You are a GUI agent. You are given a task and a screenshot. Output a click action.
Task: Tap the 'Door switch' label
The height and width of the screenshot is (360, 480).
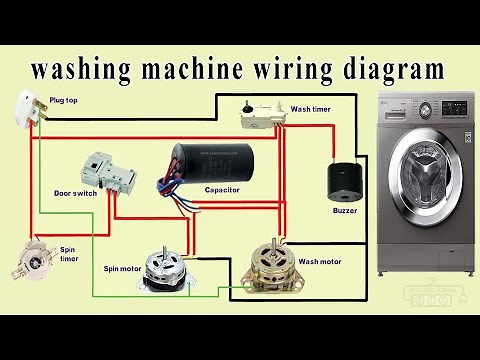(x=76, y=193)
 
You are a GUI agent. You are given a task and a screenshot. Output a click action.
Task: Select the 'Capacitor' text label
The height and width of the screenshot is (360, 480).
(x=221, y=189)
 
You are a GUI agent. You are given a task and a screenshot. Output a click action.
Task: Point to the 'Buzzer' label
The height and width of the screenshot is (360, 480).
(x=344, y=211)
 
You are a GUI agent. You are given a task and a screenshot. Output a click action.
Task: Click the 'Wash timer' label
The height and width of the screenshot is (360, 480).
(x=311, y=109)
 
